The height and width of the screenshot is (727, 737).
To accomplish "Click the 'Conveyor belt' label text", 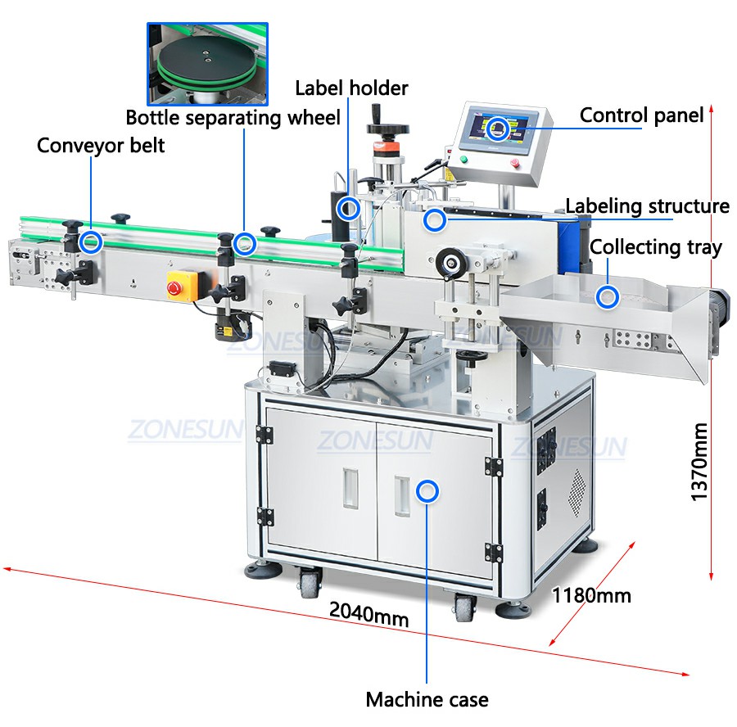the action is [x=101, y=146].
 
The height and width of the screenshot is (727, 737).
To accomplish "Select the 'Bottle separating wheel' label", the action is [x=233, y=118].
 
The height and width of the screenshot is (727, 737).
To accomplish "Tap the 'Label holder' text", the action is [x=351, y=88].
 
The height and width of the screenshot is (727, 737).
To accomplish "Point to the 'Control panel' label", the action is [x=641, y=115].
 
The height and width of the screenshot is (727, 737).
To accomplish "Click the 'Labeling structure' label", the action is [x=647, y=205].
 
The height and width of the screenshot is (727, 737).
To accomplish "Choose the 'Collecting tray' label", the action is [x=656, y=247].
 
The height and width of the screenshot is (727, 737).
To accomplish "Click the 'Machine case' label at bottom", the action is [x=427, y=699].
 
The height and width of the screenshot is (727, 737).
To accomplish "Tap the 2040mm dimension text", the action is [x=369, y=614].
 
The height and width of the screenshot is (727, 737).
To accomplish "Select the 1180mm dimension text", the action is [x=590, y=595].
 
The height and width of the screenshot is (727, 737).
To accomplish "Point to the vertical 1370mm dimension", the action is [x=699, y=462].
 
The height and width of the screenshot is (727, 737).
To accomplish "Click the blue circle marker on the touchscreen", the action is [x=497, y=129].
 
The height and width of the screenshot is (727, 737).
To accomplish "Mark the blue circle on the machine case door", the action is [x=427, y=491].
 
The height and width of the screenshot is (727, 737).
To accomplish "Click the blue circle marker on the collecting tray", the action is [x=608, y=297].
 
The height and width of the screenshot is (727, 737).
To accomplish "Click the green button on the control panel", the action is [x=464, y=159].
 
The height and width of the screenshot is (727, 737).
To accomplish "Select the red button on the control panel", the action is [x=514, y=163].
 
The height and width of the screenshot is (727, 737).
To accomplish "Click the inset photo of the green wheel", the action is [x=207, y=64].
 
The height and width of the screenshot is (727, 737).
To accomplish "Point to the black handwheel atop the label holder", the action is [x=388, y=128].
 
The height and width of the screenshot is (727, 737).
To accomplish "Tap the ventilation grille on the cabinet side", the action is [x=577, y=493].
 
